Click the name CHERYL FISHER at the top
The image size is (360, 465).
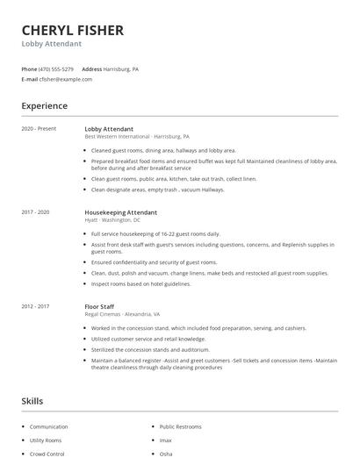click(x=72, y=30)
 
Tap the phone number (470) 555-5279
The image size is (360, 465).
click(x=57, y=68)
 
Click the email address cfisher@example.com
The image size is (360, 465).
click(x=65, y=79)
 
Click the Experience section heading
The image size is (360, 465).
click(x=44, y=106)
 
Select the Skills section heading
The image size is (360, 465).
click(x=32, y=401)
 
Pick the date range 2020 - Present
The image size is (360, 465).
click(x=39, y=129)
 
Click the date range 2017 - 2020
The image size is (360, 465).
click(x=36, y=212)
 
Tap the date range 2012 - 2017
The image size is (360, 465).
click(x=36, y=306)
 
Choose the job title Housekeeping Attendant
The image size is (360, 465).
click(x=120, y=212)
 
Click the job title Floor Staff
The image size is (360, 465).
click(x=101, y=306)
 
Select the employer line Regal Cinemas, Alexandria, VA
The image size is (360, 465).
click(x=122, y=314)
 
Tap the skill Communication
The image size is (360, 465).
click(x=48, y=426)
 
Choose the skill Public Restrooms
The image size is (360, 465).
click(x=179, y=426)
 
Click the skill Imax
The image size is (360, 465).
click(x=166, y=440)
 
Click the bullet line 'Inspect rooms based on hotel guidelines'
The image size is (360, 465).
click(x=140, y=283)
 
